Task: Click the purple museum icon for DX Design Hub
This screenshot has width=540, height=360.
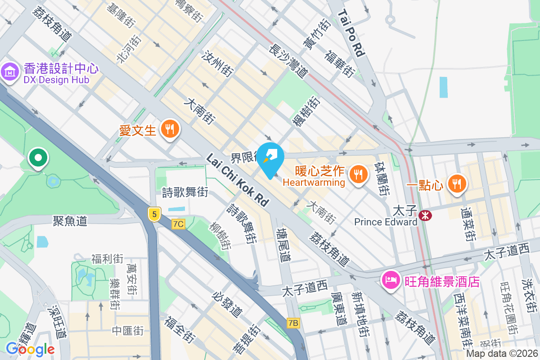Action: point(9,72)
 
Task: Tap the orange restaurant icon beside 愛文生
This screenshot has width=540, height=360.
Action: point(170,129)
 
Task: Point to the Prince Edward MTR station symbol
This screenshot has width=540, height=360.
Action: point(424,216)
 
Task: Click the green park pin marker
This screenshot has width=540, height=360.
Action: point(38,158)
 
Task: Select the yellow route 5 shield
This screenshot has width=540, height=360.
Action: point(154,214)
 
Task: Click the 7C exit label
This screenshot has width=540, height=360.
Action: point(178,224)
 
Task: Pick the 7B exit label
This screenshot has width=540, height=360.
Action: point(293,323)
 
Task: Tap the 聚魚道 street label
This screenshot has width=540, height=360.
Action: point(70,220)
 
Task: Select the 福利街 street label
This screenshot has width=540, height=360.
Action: point(107,259)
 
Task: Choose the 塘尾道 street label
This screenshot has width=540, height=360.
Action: point(284,245)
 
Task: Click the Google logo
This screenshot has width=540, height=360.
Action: point(30,349)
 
